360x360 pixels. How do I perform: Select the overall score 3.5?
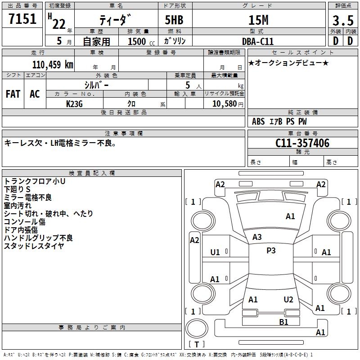[342, 20]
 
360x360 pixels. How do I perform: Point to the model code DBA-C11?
[258, 41]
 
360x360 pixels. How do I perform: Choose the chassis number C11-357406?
[302, 144]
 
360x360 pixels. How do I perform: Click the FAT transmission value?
[13, 94]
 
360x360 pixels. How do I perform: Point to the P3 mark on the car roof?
[271, 251]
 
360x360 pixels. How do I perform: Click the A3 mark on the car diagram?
[257, 237]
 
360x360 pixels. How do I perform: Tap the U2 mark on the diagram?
[288, 300]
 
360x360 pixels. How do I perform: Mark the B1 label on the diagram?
[283, 322]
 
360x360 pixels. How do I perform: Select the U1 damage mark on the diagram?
[215, 252]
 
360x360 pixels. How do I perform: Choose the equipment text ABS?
[258, 121]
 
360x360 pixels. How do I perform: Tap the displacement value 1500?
[137, 41]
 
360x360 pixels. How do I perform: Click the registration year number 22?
[59, 24]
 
